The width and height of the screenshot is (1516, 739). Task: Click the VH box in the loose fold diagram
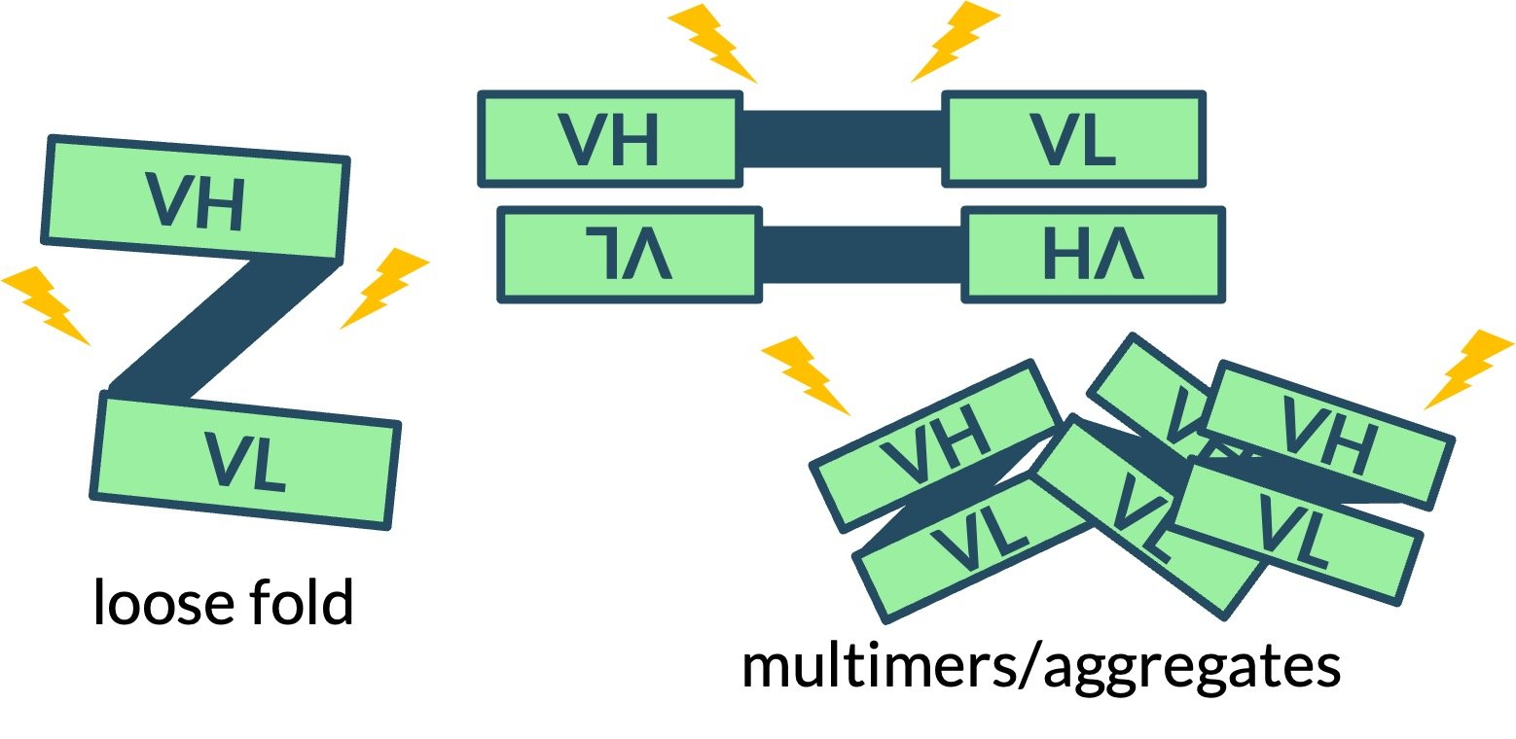196,199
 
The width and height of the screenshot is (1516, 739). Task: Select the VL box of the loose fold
245,459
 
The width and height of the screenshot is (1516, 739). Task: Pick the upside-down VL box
629,255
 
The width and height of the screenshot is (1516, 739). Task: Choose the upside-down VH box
1093,255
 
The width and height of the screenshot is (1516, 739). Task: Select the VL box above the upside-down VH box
1074,138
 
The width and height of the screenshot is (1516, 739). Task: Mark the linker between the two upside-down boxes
862,255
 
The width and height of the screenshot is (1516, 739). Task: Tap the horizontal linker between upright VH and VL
843,138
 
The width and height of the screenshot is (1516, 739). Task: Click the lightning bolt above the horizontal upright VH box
712,43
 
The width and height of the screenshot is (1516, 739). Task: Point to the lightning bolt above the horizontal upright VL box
954,45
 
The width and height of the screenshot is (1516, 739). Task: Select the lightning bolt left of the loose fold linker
47,304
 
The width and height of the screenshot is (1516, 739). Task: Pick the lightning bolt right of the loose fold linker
383,286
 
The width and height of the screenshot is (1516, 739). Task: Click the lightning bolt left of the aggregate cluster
806,373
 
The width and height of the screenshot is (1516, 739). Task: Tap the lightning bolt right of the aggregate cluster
1467,369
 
